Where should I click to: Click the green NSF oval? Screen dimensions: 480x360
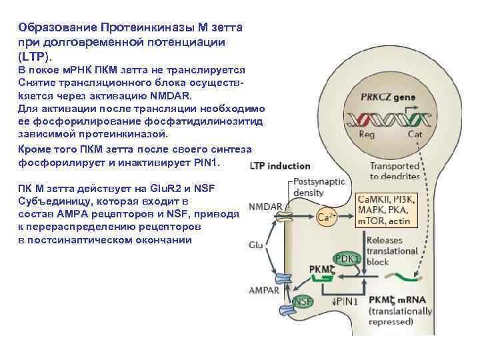(304, 300)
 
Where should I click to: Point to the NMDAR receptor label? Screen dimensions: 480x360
(265, 206)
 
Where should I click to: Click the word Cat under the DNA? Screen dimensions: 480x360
(415, 133)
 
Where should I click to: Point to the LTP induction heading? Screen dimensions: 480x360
(280, 166)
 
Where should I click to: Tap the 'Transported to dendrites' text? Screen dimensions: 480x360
(395, 171)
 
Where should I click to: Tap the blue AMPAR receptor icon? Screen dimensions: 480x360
(283, 283)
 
